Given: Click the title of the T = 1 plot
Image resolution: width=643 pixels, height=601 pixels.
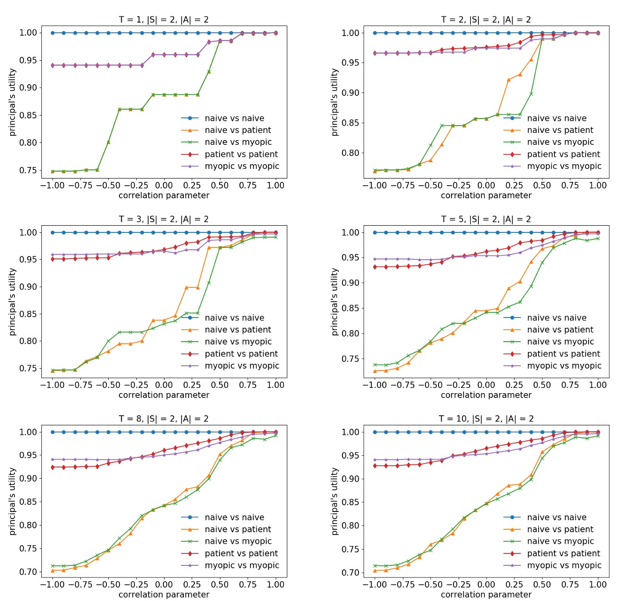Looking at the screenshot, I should (x=164, y=20).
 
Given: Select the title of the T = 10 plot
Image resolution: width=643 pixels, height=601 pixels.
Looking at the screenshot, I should (x=486, y=419).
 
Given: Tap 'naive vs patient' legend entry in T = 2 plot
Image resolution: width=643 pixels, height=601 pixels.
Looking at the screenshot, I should (x=560, y=130).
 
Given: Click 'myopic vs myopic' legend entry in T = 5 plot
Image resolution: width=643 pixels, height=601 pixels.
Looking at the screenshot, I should (x=564, y=366).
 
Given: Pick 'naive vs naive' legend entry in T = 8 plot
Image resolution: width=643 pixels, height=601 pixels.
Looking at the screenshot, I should (x=234, y=517).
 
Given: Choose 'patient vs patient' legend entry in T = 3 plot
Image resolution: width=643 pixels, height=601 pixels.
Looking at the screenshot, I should (x=241, y=354).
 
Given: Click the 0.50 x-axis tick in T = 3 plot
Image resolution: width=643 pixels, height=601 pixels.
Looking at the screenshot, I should (x=220, y=385).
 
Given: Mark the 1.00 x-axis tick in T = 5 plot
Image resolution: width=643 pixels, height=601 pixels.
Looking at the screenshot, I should (x=598, y=385).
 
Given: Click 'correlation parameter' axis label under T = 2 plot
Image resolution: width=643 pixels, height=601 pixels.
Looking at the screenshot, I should (x=486, y=195).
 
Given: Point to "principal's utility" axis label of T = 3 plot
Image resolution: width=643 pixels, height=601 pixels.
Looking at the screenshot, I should (x=13, y=302).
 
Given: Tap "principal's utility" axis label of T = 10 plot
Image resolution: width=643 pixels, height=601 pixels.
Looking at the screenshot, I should (x=335, y=501).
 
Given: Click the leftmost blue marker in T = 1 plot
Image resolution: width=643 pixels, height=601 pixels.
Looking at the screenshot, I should (x=52, y=33).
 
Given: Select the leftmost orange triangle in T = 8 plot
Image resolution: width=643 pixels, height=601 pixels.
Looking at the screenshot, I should (x=52, y=571).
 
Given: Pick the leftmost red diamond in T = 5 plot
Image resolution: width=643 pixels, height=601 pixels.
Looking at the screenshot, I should (x=375, y=267).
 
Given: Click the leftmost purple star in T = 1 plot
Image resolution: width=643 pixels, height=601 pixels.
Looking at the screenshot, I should (x=52, y=65).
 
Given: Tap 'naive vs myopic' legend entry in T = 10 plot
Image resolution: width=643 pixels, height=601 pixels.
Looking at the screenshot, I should (x=561, y=541).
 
